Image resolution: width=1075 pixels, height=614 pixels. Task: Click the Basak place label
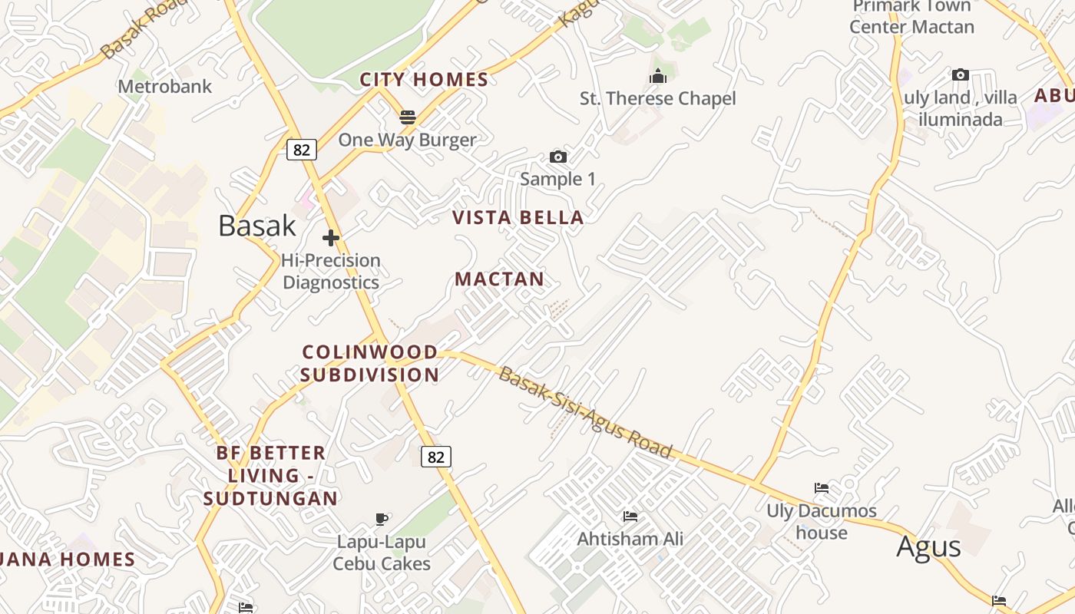pos(256,225)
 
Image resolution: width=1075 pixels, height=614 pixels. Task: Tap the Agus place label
pos(928,546)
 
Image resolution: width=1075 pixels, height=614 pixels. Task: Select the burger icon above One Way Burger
pos(407,117)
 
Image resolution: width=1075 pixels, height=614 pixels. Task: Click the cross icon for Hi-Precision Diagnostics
pos(331,238)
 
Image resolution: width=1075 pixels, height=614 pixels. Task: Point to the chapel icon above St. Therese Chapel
pos(657,76)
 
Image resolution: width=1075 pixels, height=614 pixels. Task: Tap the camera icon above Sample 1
pos(558,157)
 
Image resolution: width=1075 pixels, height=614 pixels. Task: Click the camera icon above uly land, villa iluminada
pos(960,75)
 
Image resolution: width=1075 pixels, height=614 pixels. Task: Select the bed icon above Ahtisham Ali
pos(630,517)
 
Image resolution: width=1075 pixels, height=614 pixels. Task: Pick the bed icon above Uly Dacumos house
pos(821,488)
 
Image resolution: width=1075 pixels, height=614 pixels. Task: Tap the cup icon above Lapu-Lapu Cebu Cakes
pos(382,520)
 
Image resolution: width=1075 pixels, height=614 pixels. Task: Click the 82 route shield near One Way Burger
pos(302,149)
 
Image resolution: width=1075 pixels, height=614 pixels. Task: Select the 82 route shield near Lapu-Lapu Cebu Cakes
pos(435,457)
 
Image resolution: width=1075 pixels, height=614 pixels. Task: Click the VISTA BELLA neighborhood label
pos(518,217)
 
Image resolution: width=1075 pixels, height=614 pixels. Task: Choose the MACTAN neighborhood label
pos(499,279)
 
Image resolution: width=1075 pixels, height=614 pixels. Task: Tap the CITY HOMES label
pos(424,79)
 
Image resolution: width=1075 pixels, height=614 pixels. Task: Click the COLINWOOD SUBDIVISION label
pos(370,363)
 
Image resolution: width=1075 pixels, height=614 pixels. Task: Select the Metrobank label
pos(164,86)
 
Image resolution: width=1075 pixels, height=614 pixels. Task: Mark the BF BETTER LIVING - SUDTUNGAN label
pos(271,475)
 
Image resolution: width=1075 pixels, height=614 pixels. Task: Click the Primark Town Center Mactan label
pos(912,17)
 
